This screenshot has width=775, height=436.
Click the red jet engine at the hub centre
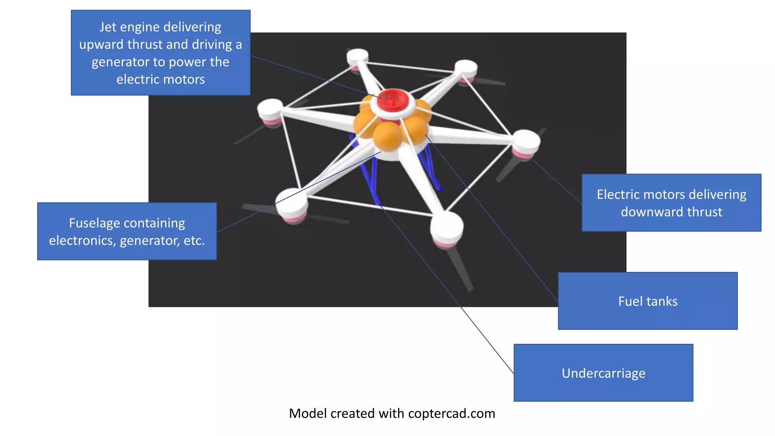[393, 100]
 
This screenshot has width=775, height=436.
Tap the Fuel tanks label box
[647, 301]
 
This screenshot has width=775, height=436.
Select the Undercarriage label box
[603, 373]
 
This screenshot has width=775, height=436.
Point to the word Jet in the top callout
[107, 27]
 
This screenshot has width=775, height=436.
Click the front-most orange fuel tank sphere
[387, 137]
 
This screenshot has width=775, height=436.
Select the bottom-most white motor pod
[447, 227]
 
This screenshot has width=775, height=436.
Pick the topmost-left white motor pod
[357, 56]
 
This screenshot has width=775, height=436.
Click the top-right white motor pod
[466, 68]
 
